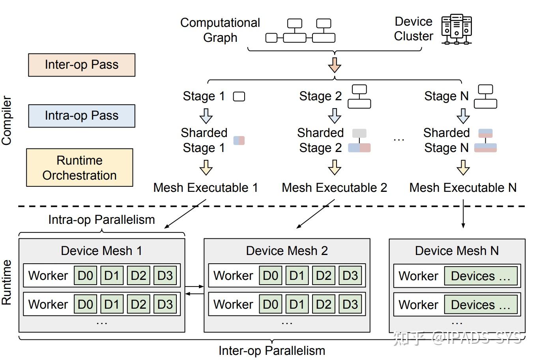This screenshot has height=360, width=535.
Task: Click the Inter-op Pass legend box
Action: click(x=82, y=65)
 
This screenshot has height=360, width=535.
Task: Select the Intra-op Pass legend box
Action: click(x=82, y=116)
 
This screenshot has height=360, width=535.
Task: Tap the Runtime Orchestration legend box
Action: click(x=80, y=168)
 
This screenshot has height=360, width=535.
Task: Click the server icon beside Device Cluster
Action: click(x=456, y=29)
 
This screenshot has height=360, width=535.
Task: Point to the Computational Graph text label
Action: click(x=220, y=30)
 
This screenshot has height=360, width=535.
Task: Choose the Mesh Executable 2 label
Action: click(x=334, y=187)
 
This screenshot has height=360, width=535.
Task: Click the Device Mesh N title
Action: click(x=457, y=251)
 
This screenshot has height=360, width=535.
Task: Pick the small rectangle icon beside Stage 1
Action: click(x=239, y=97)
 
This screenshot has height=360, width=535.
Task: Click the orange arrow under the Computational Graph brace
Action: click(x=335, y=65)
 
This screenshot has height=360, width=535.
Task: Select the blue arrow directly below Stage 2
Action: click(x=335, y=116)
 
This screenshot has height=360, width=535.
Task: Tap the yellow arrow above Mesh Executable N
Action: click(x=463, y=167)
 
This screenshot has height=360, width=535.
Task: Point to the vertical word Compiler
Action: click(x=7, y=120)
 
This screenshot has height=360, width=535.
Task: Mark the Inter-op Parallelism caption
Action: click(x=272, y=351)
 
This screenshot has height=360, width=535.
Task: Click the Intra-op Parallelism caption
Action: click(x=101, y=219)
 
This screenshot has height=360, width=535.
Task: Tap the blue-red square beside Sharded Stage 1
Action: click(x=239, y=141)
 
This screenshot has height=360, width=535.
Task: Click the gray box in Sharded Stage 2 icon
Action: click(x=359, y=133)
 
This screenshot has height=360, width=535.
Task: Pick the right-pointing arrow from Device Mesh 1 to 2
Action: click(x=194, y=287)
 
